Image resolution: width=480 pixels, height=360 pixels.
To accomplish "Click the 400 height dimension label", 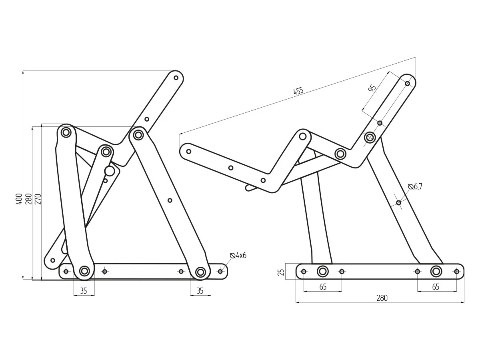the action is [19, 199].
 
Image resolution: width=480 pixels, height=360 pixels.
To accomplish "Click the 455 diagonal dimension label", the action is [298, 91].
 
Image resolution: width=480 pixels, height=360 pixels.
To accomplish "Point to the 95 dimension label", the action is [372, 88].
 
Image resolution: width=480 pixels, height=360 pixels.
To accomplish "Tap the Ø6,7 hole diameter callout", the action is [415, 186].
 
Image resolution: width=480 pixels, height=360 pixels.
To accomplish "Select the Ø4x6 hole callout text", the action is [238, 255].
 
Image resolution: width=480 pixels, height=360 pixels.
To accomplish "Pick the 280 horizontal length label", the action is [382, 298].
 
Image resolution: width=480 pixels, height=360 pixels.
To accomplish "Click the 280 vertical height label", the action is [29, 199].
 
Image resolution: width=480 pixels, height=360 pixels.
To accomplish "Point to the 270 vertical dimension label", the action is [38, 199].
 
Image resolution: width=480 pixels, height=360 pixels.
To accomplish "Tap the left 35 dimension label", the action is [84, 291].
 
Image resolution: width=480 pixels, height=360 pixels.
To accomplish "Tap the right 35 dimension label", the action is [200, 291].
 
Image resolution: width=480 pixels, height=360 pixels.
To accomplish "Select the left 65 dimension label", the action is [323, 287].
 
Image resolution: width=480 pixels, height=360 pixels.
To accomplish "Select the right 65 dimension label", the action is [436, 287].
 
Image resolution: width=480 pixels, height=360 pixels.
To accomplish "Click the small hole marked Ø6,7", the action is [398, 203].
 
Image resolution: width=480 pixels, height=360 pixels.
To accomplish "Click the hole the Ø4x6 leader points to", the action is [220, 272].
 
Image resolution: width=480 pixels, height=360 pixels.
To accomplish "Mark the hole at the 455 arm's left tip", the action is [189, 152].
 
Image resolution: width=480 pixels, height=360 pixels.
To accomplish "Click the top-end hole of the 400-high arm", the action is [176, 78].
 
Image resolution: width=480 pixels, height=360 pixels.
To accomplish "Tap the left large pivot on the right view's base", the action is [322, 272].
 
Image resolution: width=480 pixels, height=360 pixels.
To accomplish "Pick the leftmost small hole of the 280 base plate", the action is [304, 272].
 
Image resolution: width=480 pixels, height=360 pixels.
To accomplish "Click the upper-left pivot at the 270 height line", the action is [66, 132].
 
